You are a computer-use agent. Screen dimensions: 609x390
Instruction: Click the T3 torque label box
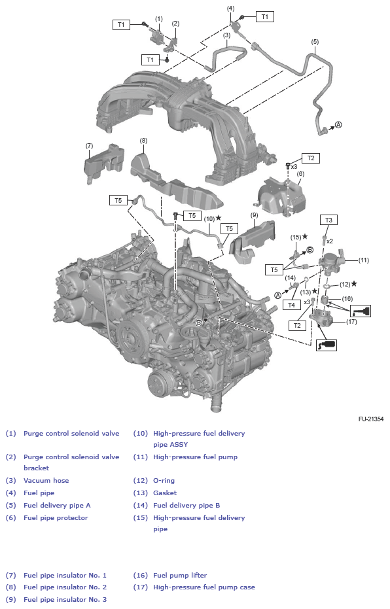click(328, 220)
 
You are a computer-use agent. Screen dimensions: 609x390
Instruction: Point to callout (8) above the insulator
click(143, 140)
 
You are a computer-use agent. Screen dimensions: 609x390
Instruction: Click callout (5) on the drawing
click(315, 42)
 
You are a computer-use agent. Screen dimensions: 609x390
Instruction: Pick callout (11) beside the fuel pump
click(363, 260)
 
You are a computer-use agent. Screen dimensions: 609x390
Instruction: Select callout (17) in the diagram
click(351, 321)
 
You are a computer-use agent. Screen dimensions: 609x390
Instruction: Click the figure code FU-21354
click(370, 418)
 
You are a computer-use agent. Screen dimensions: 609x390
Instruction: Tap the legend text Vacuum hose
click(46, 480)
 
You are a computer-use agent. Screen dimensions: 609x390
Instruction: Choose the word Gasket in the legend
click(165, 493)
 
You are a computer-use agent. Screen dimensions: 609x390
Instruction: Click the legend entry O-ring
click(164, 480)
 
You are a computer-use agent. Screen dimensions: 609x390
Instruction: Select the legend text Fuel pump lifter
click(180, 575)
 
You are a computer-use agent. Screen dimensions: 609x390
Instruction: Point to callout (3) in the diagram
click(226, 35)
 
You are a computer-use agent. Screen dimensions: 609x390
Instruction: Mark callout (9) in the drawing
click(255, 215)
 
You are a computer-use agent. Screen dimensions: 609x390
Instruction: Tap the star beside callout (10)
click(219, 218)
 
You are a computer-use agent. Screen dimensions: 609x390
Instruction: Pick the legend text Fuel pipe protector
click(56, 517)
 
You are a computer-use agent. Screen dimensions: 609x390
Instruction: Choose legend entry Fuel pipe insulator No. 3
click(65, 599)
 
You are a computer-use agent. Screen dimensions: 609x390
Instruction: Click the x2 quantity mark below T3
click(330, 241)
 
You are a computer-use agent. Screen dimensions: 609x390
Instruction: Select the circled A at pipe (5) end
click(338, 124)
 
